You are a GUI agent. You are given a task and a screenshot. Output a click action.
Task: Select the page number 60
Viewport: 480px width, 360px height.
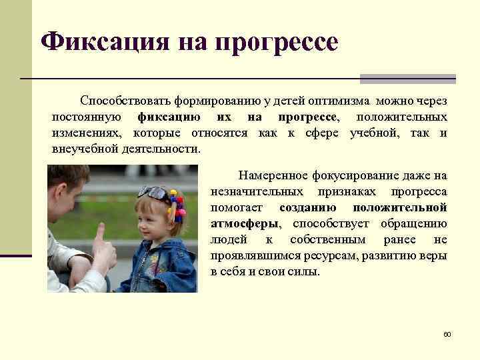447,333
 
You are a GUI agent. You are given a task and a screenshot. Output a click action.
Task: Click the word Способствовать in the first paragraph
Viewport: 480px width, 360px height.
125,101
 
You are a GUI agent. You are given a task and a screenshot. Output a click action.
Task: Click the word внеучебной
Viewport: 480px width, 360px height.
84,149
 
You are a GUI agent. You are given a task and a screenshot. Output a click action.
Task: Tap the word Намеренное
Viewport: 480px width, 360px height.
271,175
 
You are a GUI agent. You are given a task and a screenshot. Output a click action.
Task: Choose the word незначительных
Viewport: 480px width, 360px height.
252,191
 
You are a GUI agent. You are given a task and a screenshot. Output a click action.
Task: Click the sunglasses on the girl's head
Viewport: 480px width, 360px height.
155,193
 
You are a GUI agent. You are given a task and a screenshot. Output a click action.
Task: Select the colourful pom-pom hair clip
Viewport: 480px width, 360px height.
177,203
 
